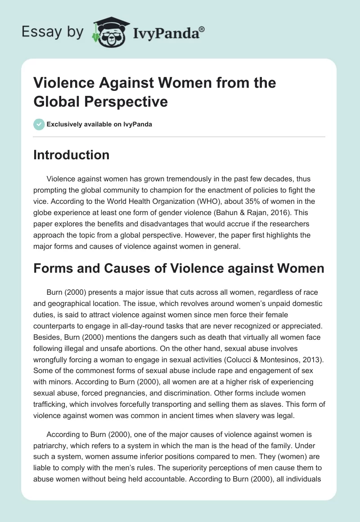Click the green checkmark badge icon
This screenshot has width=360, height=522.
click(39, 124)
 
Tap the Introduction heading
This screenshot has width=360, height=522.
click(71, 155)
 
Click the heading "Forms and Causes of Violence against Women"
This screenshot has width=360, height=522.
click(179, 269)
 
